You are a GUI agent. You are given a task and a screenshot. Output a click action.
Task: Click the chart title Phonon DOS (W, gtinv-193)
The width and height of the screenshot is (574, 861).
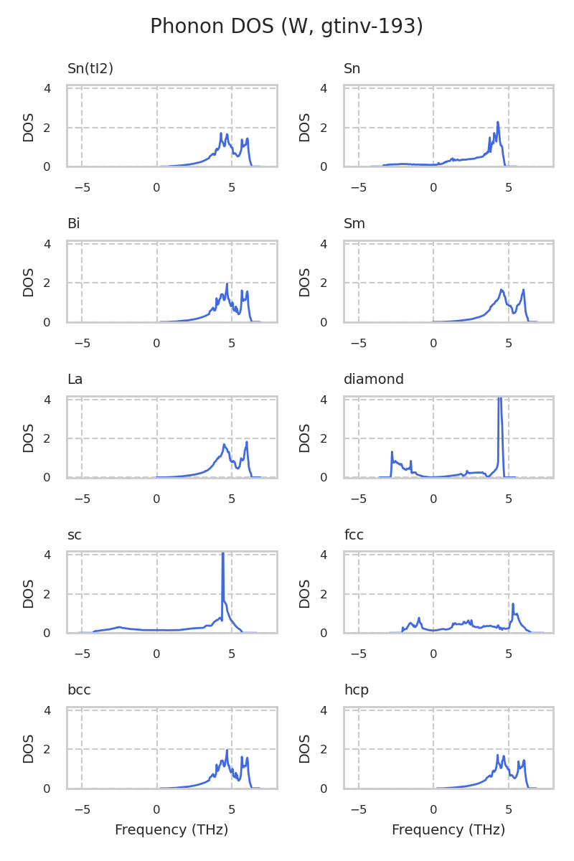point(286,27)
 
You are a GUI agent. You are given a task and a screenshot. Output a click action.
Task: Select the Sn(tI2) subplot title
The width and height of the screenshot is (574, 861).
point(90,69)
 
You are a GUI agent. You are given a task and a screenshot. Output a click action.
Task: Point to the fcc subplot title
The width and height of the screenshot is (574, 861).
point(354,535)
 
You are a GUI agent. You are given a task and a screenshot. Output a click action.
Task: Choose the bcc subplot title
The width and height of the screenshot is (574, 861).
point(79,690)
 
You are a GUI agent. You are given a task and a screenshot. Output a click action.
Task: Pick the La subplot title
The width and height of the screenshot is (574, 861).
point(75,380)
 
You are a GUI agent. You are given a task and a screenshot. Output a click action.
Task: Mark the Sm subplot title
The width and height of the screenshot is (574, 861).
point(354,224)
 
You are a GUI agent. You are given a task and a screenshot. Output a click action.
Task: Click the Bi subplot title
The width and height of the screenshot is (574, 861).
point(73,224)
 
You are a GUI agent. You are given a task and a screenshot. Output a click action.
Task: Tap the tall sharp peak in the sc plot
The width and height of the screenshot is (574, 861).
point(223,555)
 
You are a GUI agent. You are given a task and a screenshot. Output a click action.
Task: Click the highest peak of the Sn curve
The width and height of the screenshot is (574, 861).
point(498,123)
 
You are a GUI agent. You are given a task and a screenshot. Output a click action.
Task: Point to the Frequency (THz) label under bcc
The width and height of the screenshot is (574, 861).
point(171,830)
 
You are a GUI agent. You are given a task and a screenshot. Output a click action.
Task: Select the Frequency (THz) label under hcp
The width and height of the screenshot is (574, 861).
point(448,830)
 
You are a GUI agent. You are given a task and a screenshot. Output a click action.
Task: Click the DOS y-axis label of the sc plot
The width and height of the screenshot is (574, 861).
point(29,593)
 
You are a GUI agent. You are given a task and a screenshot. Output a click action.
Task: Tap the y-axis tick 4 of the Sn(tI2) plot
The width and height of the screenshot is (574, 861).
point(47,88)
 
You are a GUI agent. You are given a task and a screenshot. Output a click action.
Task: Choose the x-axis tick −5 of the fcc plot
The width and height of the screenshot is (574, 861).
point(359,654)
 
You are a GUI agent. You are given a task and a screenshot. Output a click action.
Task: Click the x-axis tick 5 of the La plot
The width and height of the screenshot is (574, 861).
point(232,499)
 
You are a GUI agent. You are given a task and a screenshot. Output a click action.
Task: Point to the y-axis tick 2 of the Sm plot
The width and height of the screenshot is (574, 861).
point(324,283)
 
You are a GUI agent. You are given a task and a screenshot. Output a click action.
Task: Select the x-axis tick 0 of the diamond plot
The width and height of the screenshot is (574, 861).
point(433,499)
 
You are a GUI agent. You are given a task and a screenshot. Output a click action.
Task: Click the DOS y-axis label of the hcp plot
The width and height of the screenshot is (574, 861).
point(306,749)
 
